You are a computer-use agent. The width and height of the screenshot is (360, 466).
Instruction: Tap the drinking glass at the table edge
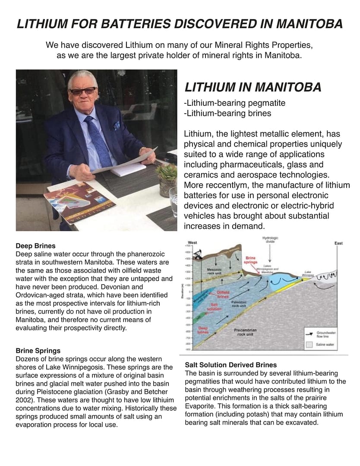pyautogui.click(x=174, y=201)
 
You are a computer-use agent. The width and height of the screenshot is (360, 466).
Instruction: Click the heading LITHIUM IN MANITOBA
pyautogui.click(x=253, y=87)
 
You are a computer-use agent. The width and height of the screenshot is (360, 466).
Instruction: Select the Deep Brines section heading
pyautogui.click(x=35, y=247)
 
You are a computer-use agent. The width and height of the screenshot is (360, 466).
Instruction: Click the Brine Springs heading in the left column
pyautogui.click(x=38, y=351)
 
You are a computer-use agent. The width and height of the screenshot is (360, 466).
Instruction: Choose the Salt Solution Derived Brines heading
pyautogui.click(x=231, y=365)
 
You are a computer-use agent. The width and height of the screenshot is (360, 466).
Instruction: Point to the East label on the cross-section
pyautogui.click(x=338, y=244)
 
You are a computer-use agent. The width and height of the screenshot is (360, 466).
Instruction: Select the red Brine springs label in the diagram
pyautogui.click(x=251, y=260)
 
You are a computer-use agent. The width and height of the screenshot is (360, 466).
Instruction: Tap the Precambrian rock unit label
pyautogui.click(x=246, y=332)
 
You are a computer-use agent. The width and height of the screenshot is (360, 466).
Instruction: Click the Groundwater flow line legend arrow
pyautogui.click(x=309, y=333)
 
